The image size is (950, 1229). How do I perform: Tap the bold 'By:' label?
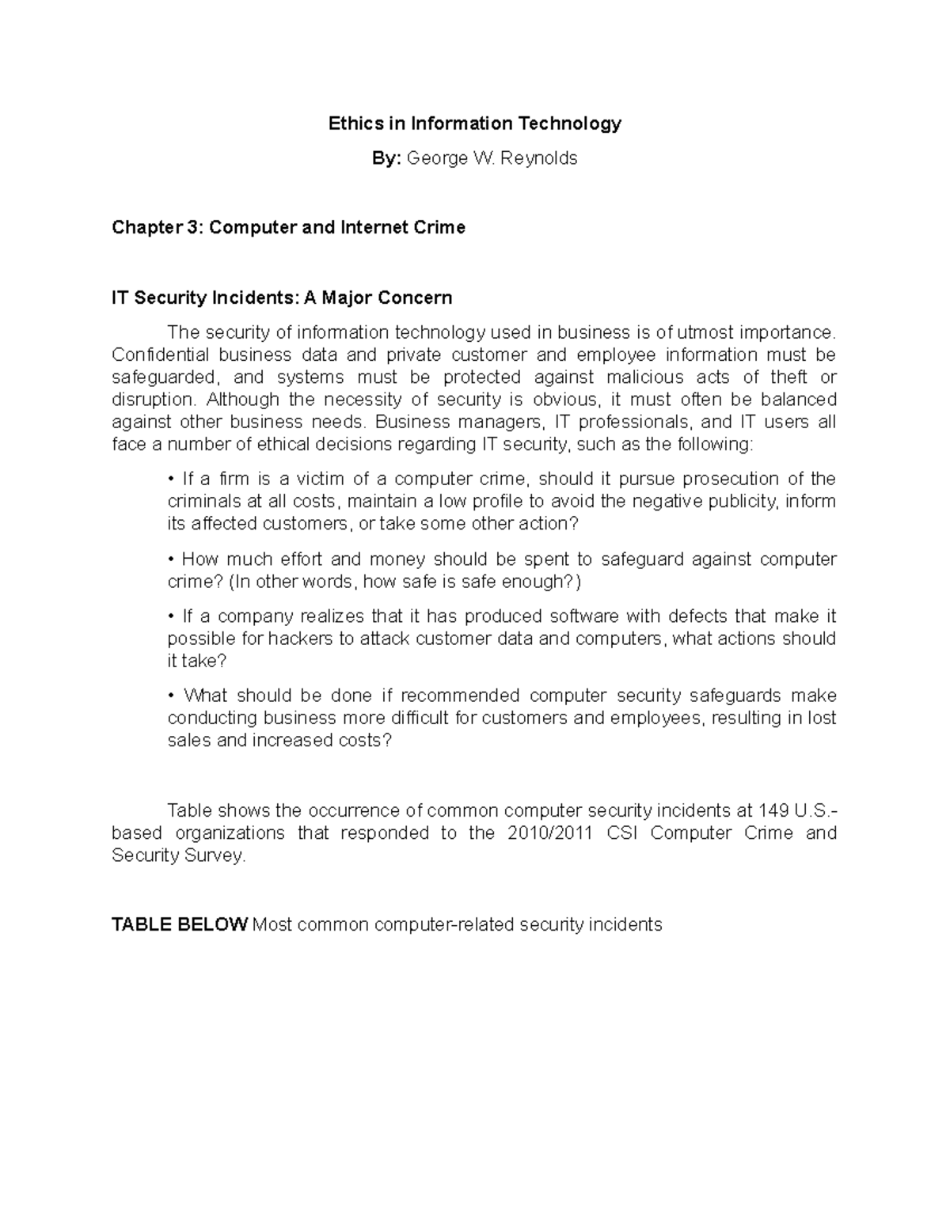[x=387, y=158]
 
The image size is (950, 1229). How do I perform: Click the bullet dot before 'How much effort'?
[x=171, y=559]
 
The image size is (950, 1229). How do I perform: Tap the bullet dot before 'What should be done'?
[x=171, y=696]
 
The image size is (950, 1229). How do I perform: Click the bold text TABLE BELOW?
[x=180, y=924]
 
